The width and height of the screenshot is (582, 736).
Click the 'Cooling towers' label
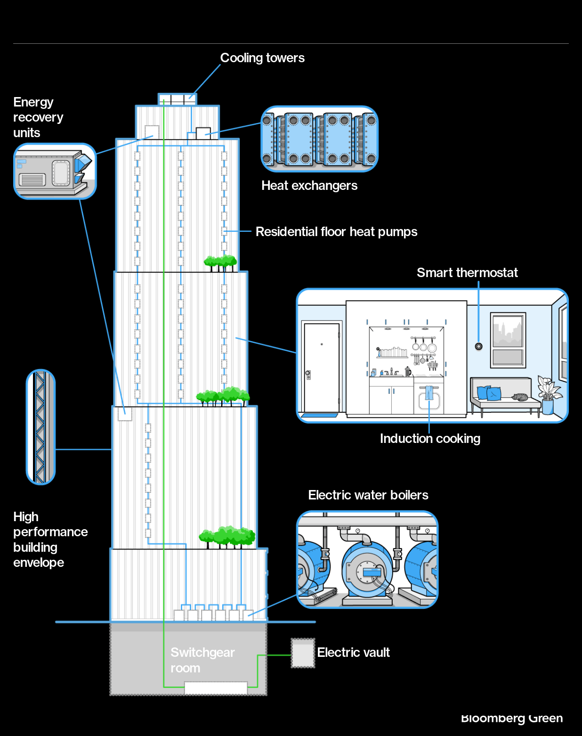(x=262, y=58)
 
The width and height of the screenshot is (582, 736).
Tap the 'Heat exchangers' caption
(x=309, y=186)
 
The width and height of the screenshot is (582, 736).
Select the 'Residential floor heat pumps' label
(x=336, y=232)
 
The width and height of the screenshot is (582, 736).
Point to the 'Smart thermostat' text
(x=467, y=273)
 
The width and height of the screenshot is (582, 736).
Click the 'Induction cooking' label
(x=430, y=439)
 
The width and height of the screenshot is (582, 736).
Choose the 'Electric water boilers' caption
(x=368, y=495)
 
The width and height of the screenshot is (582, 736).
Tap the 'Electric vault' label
(x=353, y=653)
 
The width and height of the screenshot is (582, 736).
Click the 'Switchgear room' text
(x=202, y=660)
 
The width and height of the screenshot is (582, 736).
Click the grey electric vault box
(x=303, y=653)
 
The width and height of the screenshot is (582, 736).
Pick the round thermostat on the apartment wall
(x=479, y=347)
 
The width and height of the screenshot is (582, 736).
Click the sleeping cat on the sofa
(x=520, y=397)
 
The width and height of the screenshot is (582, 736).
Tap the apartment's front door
(x=322, y=368)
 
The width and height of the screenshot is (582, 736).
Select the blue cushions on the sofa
(x=489, y=393)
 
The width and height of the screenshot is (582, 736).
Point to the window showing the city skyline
(x=508, y=339)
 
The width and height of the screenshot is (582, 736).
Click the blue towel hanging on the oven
(x=429, y=393)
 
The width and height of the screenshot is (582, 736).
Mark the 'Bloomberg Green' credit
(x=512, y=718)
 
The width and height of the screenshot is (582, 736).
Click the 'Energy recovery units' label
(x=38, y=117)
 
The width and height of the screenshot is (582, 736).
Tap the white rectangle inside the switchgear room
(x=216, y=688)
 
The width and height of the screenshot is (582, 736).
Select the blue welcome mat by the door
(x=319, y=416)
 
